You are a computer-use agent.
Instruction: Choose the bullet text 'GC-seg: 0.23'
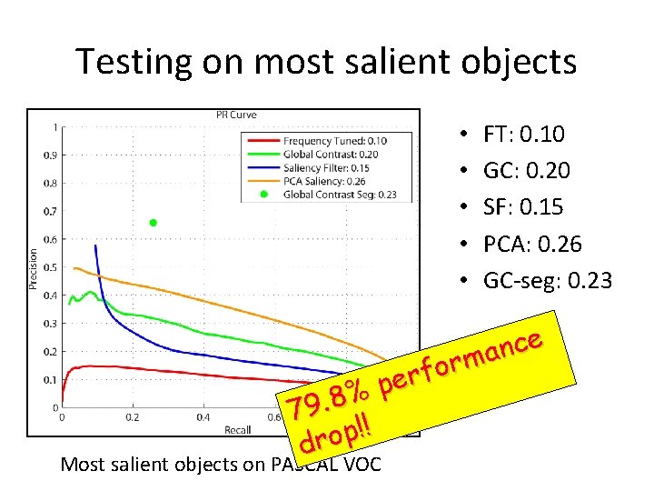pos(548,281)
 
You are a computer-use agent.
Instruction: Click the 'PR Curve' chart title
pos(236,115)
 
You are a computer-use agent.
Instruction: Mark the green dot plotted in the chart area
pos(154,223)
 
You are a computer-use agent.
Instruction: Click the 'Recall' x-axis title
pos(237,428)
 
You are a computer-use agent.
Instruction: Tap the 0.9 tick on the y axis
pos(48,155)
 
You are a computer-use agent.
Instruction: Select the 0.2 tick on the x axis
pos(133,417)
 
